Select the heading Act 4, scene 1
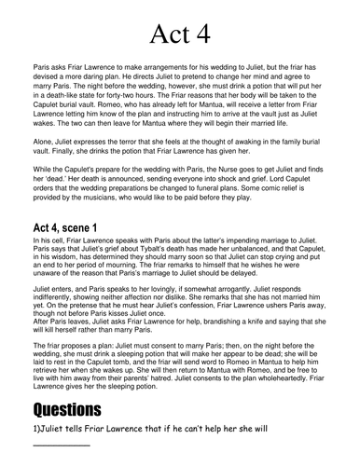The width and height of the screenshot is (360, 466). point(80,226)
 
